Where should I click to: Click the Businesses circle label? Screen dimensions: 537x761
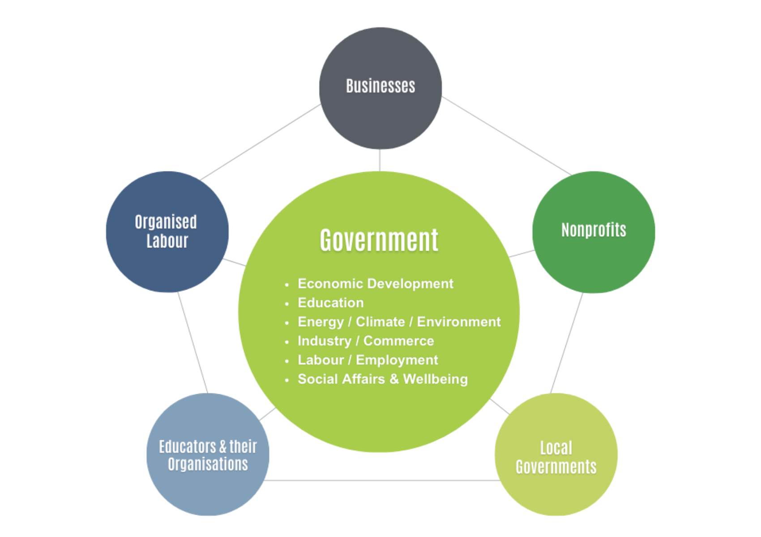coord(380,86)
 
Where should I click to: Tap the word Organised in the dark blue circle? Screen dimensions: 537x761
coord(166,222)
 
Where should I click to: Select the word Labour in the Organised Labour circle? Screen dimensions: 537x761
coord(167,241)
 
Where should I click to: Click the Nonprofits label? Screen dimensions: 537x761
coord(594,230)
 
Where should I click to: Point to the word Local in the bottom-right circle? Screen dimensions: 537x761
coord(556,448)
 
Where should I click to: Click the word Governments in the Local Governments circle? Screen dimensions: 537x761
coord(556,467)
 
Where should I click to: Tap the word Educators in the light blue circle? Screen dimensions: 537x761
coord(188,447)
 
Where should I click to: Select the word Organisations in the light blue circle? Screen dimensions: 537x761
coord(208,465)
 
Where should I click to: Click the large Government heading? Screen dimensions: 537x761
coord(379,240)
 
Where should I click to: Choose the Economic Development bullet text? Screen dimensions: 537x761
coord(375,284)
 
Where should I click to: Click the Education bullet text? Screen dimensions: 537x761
coord(330,303)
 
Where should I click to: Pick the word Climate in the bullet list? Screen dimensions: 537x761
coord(380,322)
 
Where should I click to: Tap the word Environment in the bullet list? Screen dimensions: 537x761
coord(459,322)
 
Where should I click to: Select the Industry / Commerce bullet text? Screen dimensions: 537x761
coord(366,341)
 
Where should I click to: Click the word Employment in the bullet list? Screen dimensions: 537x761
coord(397,360)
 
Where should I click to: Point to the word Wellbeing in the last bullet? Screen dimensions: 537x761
coord(435,379)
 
